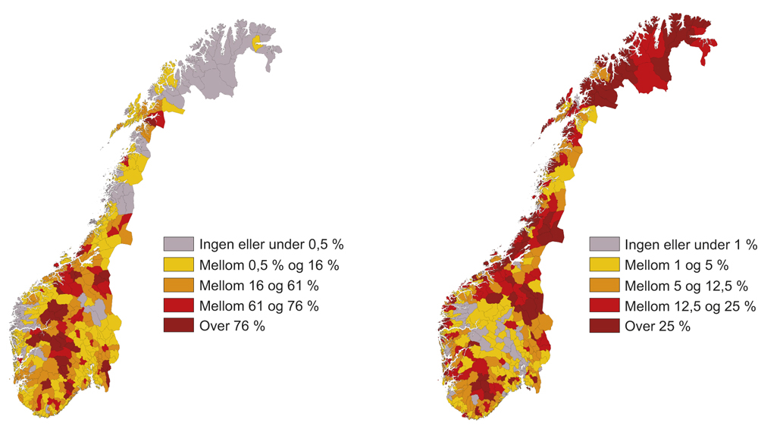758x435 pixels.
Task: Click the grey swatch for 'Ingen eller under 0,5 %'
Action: click(179, 244)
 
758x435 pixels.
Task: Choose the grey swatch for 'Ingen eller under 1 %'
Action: click(604, 244)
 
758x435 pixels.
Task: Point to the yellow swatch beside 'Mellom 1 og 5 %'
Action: click(604, 264)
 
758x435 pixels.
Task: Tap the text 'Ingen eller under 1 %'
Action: click(691, 245)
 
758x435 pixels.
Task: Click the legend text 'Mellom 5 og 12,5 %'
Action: click(687, 286)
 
